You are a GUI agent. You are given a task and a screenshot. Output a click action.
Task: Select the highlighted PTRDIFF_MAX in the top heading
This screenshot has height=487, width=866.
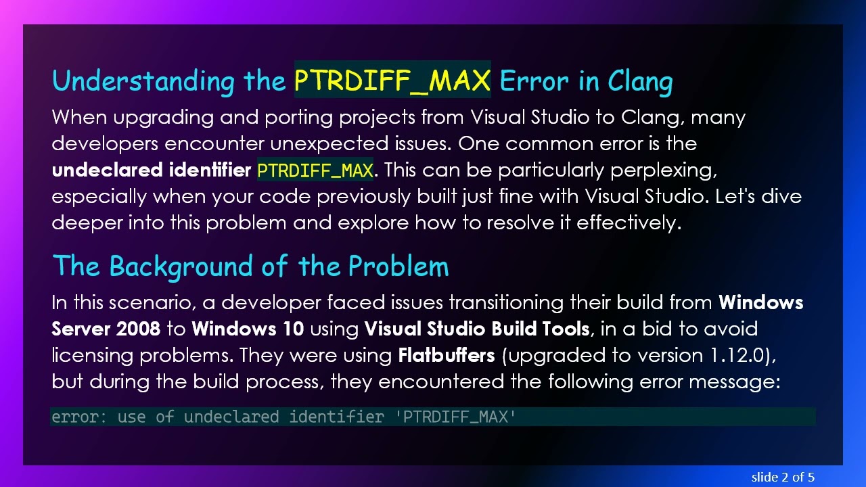coord(392,80)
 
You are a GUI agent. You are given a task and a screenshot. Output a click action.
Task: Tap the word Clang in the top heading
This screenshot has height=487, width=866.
coord(639,81)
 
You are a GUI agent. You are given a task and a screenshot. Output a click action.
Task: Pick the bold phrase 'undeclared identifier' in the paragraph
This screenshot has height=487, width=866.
coord(151,170)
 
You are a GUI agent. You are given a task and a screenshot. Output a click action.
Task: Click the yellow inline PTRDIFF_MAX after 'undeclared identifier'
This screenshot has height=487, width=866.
coord(315,170)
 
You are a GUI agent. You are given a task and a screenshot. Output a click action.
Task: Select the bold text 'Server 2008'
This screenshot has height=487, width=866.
coord(106,329)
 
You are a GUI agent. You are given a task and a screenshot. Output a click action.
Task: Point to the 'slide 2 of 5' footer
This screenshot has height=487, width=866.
coord(783,477)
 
